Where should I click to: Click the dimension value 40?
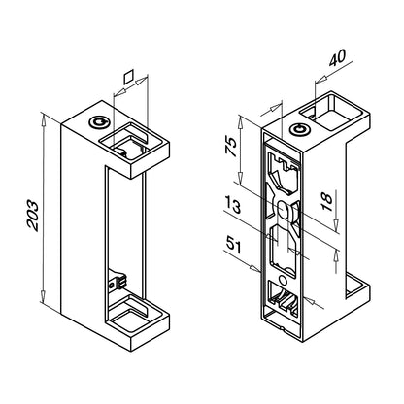(x=338, y=57)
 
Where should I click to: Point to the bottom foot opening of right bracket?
(x=354, y=288)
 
